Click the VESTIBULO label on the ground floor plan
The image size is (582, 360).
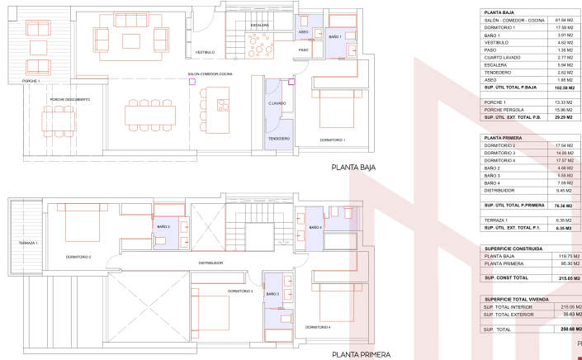click(205, 52)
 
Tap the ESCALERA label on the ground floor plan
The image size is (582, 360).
click(260, 25)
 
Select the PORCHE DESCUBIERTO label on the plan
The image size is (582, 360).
click(70, 99)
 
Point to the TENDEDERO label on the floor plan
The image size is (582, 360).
click(278, 139)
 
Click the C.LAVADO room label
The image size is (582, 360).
click(277, 104)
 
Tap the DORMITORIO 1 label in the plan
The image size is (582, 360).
click(333, 140)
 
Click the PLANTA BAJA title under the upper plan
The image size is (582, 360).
click(353, 167)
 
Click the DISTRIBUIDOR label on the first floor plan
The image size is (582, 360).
click(211, 263)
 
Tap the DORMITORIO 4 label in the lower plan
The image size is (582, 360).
click(318, 328)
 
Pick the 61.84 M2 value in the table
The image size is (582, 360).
click(564, 21)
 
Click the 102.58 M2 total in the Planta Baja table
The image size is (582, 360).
click(564, 87)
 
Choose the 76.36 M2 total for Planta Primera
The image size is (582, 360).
click(564, 205)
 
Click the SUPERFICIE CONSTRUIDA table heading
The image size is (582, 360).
click(513, 248)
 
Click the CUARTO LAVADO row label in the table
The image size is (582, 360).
click(504, 57)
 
